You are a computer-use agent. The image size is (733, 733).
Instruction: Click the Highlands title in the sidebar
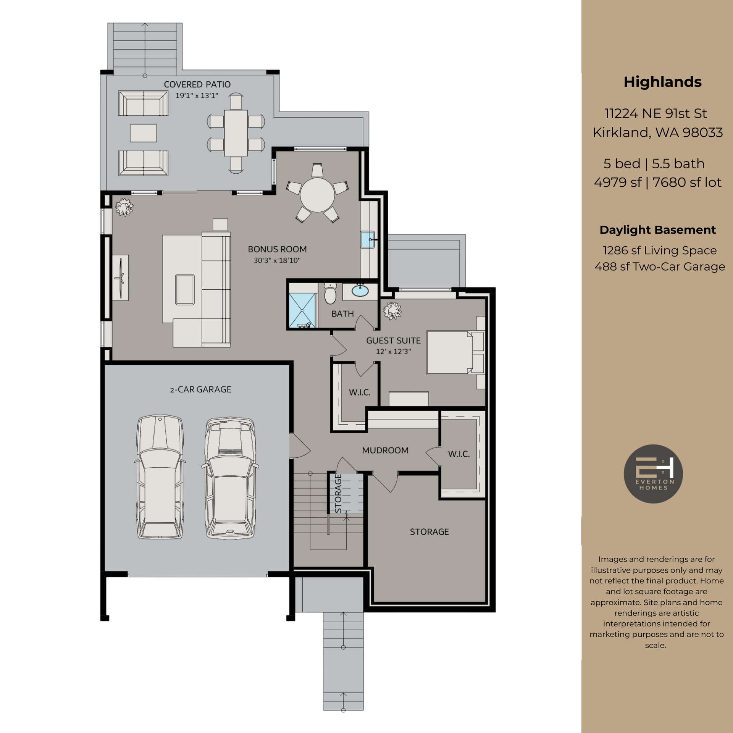point(662,82)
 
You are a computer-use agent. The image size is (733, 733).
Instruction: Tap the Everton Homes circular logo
point(653,474)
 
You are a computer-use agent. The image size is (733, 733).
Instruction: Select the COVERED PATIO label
point(197,84)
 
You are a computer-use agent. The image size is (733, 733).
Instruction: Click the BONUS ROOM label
point(277,249)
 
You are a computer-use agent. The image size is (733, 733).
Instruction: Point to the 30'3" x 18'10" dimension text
point(277,260)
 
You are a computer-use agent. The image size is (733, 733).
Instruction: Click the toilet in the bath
point(330,293)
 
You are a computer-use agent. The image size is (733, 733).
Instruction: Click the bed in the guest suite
point(450,352)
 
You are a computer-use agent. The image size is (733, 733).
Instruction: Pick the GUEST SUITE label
point(393,341)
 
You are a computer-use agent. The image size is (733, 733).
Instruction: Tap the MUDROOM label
point(385,450)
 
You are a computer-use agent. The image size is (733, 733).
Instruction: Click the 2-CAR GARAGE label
point(201,389)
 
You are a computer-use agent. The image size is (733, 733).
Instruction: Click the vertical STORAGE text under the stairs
point(338,493)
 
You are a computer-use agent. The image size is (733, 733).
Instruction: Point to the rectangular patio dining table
point(236,132)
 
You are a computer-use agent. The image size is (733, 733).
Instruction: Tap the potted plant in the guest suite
point(392,310)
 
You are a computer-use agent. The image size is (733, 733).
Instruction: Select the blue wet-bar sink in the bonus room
point(368,240)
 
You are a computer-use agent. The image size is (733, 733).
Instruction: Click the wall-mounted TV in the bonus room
point(121,278)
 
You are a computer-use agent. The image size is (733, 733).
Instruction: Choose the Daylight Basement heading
point(657,230)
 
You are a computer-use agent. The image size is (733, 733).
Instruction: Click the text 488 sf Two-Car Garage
point(660,266)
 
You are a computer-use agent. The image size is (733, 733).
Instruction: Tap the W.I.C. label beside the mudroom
point(459,454)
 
